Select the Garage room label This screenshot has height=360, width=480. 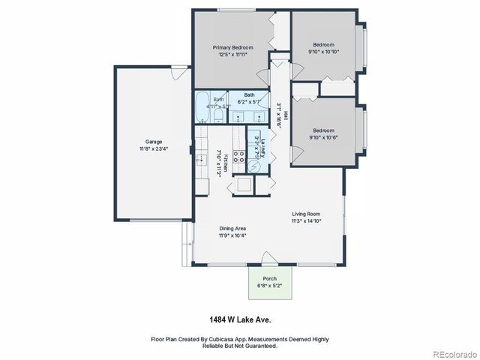(154, 141)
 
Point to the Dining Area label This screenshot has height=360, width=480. (232, 228)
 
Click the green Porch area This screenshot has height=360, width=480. (270, 284)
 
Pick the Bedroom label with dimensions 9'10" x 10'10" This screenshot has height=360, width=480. (324, 44)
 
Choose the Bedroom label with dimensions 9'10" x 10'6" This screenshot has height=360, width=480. (324, 130)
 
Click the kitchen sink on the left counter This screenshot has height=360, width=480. (201, 160)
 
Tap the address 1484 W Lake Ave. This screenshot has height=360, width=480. (239, 319)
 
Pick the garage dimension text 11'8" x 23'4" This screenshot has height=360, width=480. (154, 148)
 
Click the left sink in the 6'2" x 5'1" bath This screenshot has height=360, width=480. (238, 116)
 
